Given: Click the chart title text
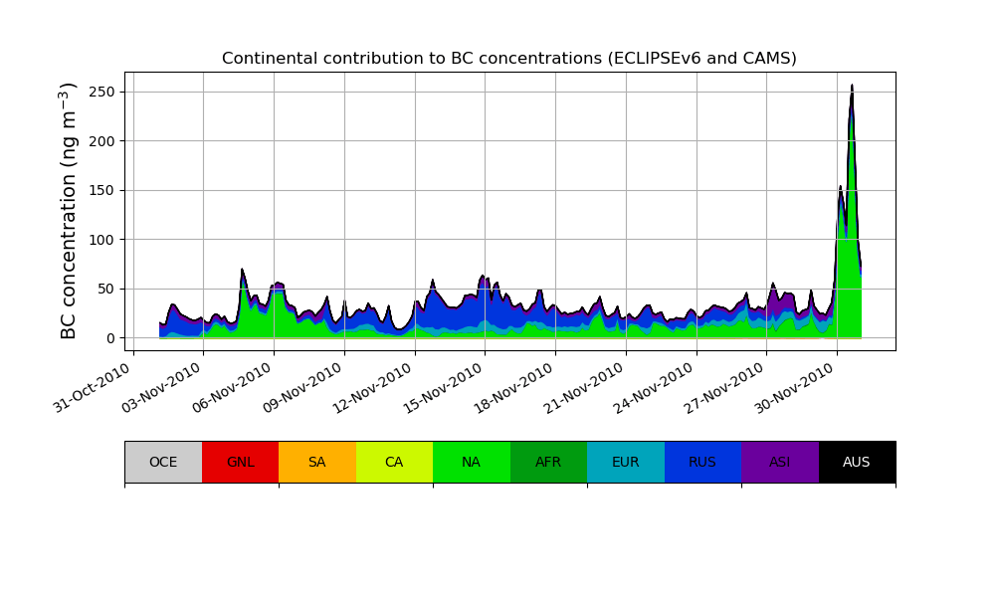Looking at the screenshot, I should point(509,59).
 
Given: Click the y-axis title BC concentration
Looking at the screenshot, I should point(69,210).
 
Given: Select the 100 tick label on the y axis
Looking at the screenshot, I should point(102,240).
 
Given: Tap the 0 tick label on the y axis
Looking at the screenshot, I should point(110,338).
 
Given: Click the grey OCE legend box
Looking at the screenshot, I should point(163,462).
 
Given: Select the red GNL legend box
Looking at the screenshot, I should point(240,462).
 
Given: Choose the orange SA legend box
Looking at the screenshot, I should point(316,462).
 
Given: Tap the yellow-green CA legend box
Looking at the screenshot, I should point(394,462).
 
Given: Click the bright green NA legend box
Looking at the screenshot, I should point(471,462).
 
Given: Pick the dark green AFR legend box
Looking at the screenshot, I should point(548,462).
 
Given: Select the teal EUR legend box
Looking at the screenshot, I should point(625,462).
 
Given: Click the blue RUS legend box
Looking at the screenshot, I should point(702,462).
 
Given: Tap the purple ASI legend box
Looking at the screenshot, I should point(779,462).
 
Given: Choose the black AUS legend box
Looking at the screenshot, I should point(857,462).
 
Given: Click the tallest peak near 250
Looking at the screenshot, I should point(852,87).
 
